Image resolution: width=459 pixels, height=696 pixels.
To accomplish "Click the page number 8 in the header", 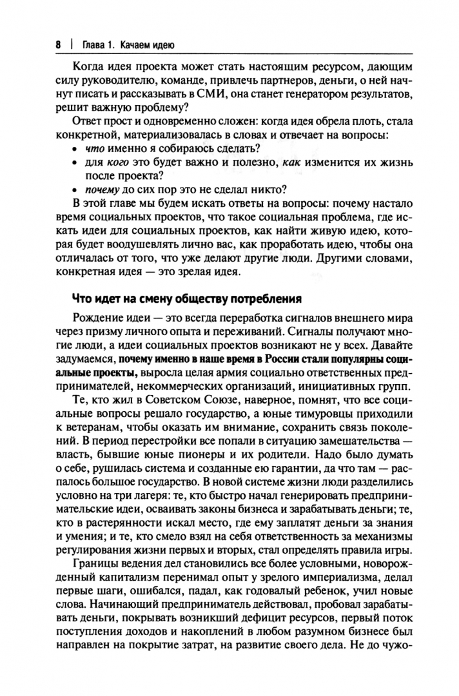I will (58, 45).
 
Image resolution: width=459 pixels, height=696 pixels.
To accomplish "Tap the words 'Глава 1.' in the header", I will (103, 45).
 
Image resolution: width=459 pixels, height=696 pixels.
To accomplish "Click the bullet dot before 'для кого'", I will (77, 163).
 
